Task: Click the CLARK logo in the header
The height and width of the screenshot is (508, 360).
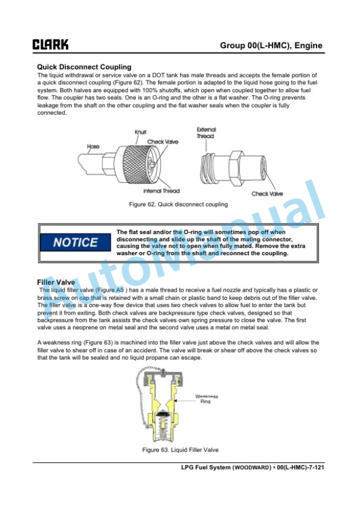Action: (x=50, y=44)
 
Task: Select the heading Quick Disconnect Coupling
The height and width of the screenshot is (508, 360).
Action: (x=84, y=67)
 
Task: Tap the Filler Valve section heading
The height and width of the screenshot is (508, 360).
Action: (x=56, y=282)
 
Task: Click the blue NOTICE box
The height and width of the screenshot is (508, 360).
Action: (x=75, y=242)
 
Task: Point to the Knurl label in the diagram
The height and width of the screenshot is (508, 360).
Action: (x=141, y=132)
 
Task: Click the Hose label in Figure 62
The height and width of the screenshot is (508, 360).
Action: (x=93, y=146)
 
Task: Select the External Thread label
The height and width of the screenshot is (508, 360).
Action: (x=206, y=133)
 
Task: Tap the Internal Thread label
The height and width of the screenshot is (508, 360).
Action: (x=161, y=191)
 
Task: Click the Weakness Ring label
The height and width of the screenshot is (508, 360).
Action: (x=206, y=399)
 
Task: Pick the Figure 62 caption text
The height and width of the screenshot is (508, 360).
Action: (x=178, y=205)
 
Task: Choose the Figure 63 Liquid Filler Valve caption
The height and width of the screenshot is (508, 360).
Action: (x=180, y=450)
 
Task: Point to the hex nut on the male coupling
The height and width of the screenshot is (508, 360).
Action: (x=236, y=168)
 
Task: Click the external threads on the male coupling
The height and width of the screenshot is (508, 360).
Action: (x=208, y=169)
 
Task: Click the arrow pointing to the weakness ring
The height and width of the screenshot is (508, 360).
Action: (x=184, y=401)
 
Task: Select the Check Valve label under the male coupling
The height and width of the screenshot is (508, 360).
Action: (x=267, y=194)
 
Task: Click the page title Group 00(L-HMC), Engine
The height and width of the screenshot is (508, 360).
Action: (x=271, y=45)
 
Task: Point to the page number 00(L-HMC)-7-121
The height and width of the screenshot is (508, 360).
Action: (x=301, y=467)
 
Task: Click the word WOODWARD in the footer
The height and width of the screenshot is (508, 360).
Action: (x=252, y=467)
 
